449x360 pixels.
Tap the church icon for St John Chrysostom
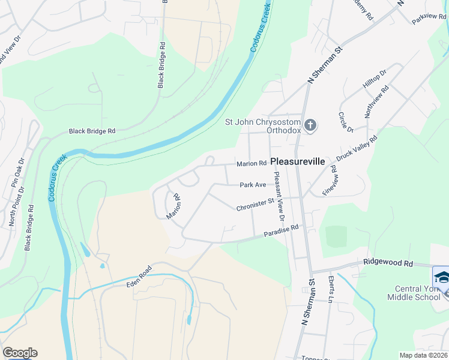pyautogui.click(x=310, y=125)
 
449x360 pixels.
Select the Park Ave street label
pyautogui.click(x=253, y=185)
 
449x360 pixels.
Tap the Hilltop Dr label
pyautogui.click(x=375, y=79)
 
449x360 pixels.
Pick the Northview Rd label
pyautogui.click(x=377, y=101)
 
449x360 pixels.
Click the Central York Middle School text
pyautogui.click(x=414, y=292)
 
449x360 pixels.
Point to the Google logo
pyautogui.click(x=20, y=353)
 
